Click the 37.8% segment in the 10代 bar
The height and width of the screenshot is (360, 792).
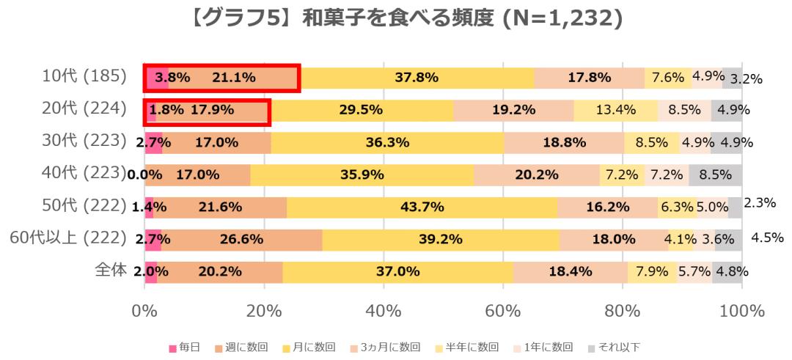pyautogui.click(x=417, y=77)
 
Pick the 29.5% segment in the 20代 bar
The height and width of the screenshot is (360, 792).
pyautogui.click(x=362, y=110)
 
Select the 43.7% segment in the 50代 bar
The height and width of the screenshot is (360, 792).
pyautogui.click(x=422, y=207)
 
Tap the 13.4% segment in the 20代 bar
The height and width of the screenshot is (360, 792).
pyautogui.click(x=615, y=110)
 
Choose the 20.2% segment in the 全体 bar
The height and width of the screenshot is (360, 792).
pyautogui.click(x=219, y=271)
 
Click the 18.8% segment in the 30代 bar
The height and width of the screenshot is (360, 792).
pyautogui.click(x=564, y=142)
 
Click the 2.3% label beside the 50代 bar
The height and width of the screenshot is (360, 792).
pyautogui.click(x=760, y=202)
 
